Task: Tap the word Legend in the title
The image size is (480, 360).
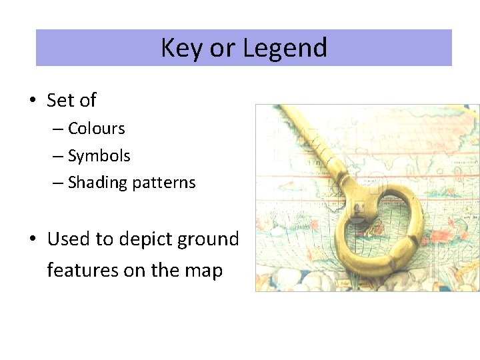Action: coord(285,48)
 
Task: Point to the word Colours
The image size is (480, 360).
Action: coord(96,128)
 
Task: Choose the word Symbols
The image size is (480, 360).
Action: coord(99,156)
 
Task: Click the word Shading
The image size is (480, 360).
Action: coord(97,183)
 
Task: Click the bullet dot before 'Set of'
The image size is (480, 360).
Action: coord(31,101)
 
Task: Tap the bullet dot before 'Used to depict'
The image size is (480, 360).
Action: coord(31,239)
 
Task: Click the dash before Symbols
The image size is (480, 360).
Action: coord(58,156)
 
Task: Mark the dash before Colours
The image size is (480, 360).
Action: coord(58,128)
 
